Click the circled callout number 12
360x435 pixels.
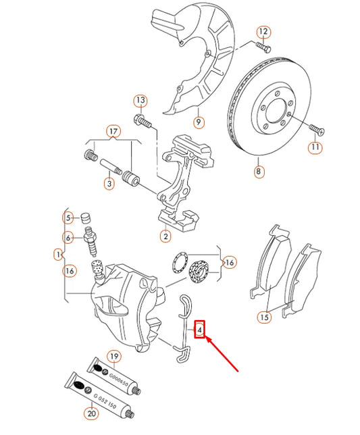coord(263,32)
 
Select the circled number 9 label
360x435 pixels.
coord(199,122)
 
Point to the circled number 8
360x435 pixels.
coord(258,172)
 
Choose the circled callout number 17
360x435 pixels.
coord(113,131)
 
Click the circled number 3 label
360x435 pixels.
coord(108,183)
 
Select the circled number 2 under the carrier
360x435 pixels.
coord(164,236)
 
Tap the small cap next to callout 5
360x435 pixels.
coord(86,217)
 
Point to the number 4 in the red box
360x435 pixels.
coord(200,330)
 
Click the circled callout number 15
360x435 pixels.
coord(263,317)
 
